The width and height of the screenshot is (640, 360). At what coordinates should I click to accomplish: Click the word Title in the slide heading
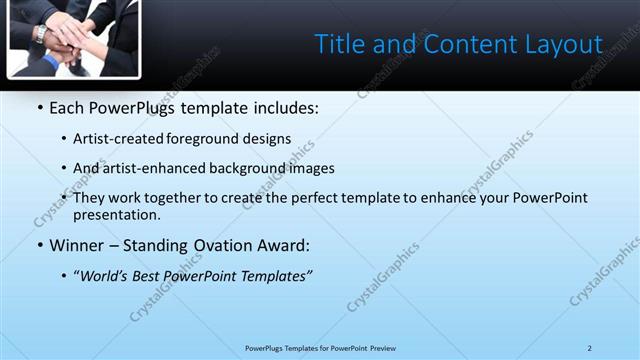click(338, 44)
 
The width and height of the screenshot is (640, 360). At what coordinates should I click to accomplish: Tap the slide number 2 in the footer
click(589, 348)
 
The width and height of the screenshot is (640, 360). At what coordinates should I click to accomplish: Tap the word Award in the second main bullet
click(283, 245)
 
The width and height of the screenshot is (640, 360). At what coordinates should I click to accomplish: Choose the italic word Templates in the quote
click(275, 276)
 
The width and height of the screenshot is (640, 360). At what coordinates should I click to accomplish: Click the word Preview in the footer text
click(381, 348)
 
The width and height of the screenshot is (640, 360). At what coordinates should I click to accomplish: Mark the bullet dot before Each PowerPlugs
click(38, 108)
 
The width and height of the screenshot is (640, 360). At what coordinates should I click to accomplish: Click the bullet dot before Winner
click(38, 246)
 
